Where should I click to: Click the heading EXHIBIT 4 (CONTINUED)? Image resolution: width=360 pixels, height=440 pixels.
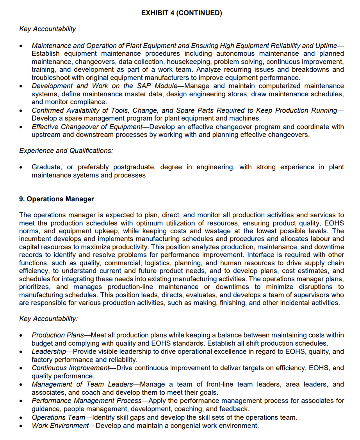[x=181, y=13]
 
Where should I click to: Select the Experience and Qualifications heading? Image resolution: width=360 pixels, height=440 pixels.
[x=66, y=151]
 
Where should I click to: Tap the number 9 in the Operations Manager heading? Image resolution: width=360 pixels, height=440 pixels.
[x=21, y=199]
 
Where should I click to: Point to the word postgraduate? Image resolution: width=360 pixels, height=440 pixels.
[x=134, y=167]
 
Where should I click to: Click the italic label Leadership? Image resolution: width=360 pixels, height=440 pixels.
[x=48, y=351]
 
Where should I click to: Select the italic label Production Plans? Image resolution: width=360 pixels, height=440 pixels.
[x=57, y=335]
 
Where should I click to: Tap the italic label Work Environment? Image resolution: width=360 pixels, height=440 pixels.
[x=60, y=426]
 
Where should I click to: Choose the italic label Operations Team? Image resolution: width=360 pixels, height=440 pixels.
[x=58, y=417]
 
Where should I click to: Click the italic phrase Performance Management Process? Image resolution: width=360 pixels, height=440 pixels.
[x=86, y=401]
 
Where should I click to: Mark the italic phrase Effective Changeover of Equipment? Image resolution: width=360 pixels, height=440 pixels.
[x=87, y=127]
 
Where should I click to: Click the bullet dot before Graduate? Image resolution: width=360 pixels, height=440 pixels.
[x=21, y=167]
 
